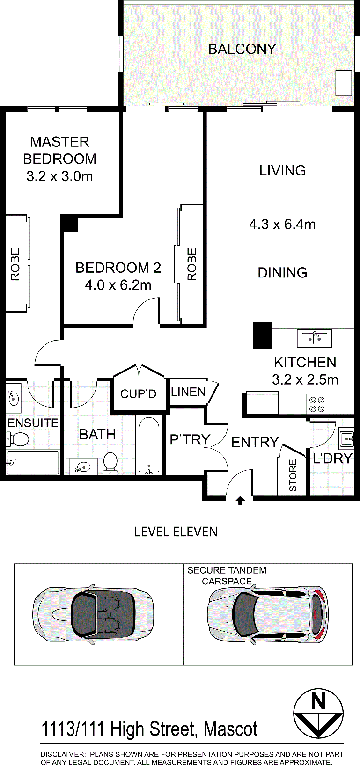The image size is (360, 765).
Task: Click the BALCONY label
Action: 242,49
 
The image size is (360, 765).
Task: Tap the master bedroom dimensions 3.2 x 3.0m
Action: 60,176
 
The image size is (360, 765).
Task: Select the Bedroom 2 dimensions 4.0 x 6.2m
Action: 118,285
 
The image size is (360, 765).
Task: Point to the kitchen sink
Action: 314,338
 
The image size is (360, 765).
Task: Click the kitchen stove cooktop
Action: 317,404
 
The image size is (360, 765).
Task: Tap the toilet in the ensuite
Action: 17,439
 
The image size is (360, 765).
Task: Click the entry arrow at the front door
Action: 240,501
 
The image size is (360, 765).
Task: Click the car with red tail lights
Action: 267,613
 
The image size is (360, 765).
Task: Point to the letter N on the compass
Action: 318,702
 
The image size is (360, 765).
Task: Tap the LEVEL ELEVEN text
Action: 176,532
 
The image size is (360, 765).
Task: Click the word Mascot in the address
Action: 230,729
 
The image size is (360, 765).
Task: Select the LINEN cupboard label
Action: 188,392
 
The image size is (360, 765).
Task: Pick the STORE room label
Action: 293,475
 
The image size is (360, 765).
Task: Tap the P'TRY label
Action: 190,439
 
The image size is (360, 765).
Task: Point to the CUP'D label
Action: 138,394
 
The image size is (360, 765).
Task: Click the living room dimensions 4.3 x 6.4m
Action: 282,225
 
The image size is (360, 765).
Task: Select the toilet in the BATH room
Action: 110,463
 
